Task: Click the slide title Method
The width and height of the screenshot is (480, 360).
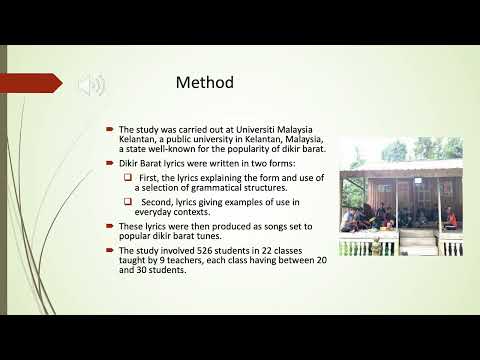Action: tap(205, 83)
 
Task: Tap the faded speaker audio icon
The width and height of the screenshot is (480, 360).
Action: tap(92, 85)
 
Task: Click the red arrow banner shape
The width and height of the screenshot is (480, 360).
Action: tap(31, 83)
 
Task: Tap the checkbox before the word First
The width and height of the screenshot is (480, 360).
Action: tap(128, 177)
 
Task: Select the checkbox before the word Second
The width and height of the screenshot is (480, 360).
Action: tap(128, 202)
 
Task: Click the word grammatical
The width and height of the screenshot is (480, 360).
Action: tap(216, 188)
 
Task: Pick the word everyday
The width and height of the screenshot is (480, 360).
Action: tap(153, 212)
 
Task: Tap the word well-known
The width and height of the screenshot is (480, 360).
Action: tap(172, 149)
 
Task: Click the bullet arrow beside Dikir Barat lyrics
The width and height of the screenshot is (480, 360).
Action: tap(110, 163)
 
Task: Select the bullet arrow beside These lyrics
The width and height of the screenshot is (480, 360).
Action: tap(110, 226)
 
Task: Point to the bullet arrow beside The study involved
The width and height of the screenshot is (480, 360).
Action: tap(110, 250)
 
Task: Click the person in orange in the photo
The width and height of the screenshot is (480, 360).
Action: tap(451, 217)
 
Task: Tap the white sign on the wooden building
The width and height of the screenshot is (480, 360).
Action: tap(418, 181)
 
